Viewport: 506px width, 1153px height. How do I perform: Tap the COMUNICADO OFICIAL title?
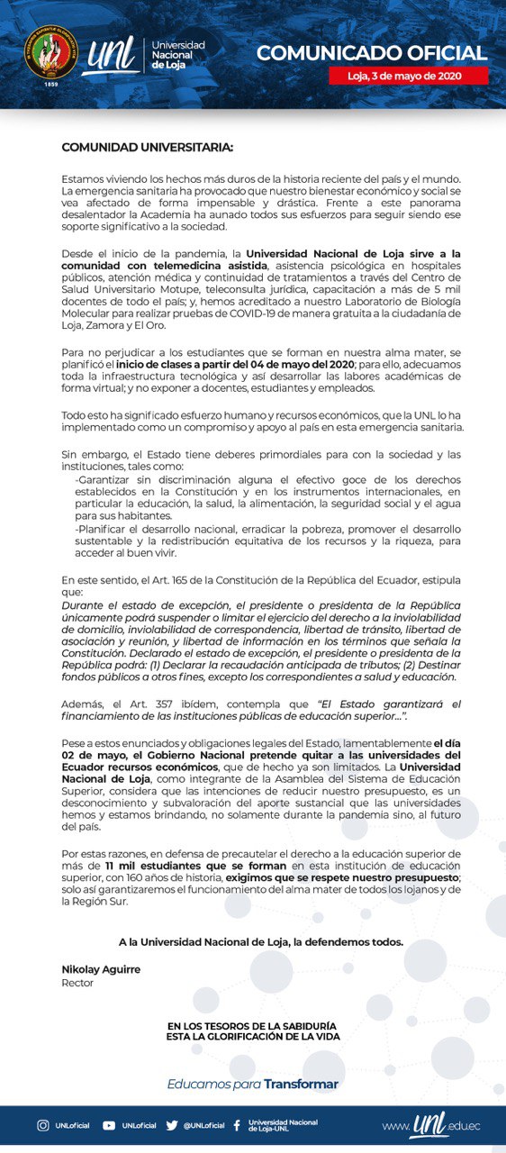click(x=371, y=52)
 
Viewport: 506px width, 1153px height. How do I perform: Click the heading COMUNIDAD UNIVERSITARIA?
click(x=147, y=147)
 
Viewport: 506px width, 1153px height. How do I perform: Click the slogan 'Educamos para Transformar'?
click(x=252, y=1084)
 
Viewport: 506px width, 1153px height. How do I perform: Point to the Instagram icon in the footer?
click(x=42, y=1125)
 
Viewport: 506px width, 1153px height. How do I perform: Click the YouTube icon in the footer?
click(x=109, y=1125)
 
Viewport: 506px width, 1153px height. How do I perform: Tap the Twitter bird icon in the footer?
click(x=172, y=1125)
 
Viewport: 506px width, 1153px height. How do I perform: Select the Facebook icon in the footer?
click(x=237, y=1125)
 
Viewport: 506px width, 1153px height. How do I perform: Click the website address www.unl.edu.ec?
click(x=431, y=1126)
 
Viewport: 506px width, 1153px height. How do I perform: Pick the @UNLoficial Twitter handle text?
click(x=204, y=1125)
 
